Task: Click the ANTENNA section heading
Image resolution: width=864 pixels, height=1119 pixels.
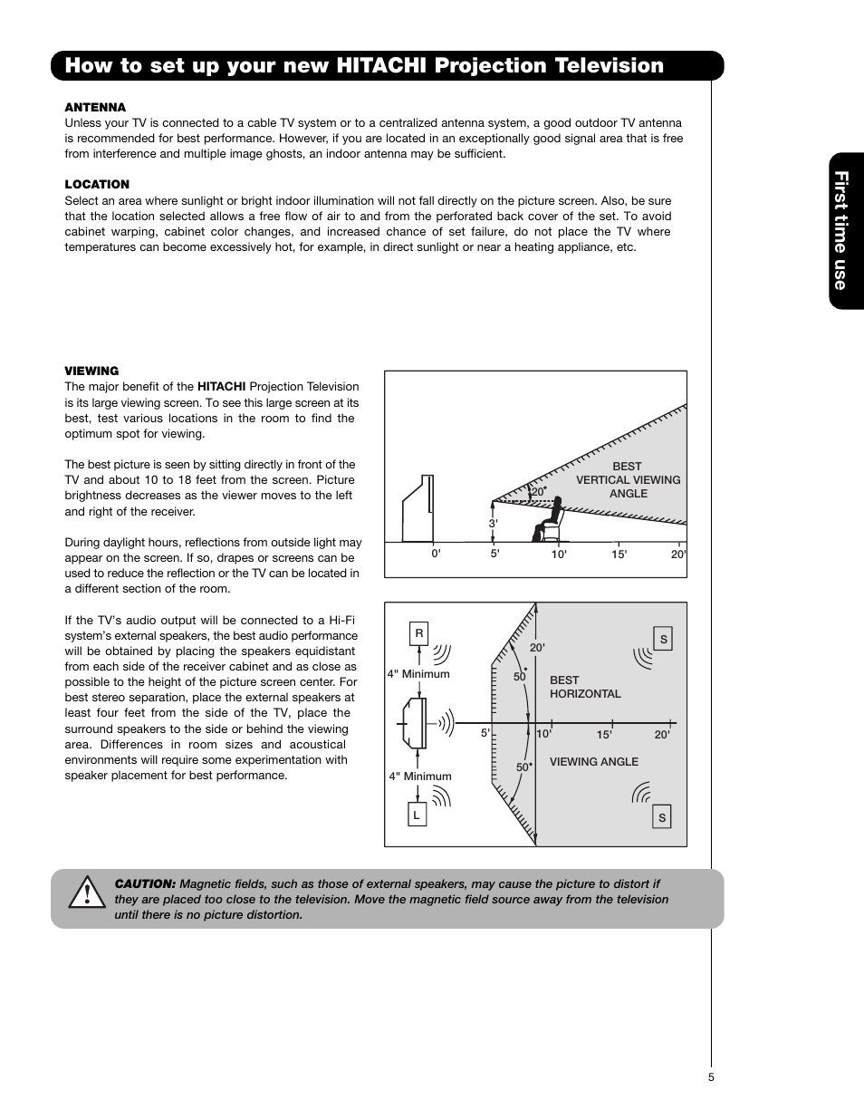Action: point(95,107)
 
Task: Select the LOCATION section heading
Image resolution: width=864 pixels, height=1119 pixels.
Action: point(97,184)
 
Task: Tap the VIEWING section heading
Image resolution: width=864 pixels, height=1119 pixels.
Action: point(91,371)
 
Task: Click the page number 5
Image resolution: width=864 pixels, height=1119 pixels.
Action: point(712,1077)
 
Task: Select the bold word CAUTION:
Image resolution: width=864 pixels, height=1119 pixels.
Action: point(145,883)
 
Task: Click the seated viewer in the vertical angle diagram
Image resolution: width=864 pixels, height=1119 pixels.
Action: point(550,519)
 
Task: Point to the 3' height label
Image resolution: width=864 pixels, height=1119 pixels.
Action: point(493,524)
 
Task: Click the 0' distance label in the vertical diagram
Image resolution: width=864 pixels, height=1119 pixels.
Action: point(436,555)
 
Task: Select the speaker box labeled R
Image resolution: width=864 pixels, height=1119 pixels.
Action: point(418,634)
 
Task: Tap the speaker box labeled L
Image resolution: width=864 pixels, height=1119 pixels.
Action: point(417,815)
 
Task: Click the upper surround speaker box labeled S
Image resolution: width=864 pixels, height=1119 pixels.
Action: point(663,640)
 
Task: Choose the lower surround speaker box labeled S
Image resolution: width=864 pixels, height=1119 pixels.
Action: point(662,817)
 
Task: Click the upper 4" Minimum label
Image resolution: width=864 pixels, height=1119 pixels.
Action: point(418,674)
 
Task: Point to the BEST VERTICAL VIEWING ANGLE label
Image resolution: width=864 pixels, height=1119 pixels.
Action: point(628,480)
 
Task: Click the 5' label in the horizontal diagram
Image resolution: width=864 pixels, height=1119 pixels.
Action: point(485,734)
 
